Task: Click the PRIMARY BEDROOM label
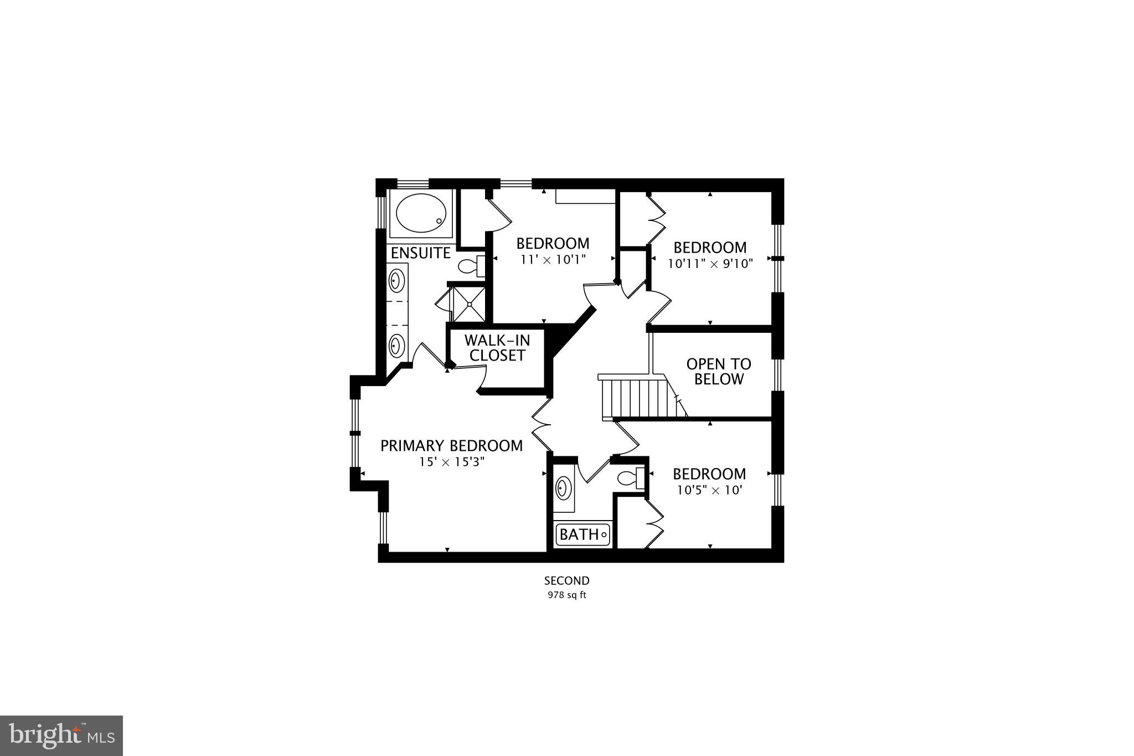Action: point(451,446)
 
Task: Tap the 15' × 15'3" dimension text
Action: point(451,462)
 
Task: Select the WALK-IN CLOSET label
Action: point(497,348)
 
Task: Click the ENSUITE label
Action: point(420,253)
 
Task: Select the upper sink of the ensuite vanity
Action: point(396,280)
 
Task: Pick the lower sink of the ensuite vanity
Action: point(396,346)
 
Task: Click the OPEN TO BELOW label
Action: point(719,372)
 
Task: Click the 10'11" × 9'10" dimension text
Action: point(710,264)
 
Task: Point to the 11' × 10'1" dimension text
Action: point(553,259)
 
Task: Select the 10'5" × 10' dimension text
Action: point(709,490)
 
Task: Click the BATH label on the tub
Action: point(579,534)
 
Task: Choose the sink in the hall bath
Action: point(564,488)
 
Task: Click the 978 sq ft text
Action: point(566,596)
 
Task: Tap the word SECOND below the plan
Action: point(566,581)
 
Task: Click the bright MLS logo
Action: point(61,736)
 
